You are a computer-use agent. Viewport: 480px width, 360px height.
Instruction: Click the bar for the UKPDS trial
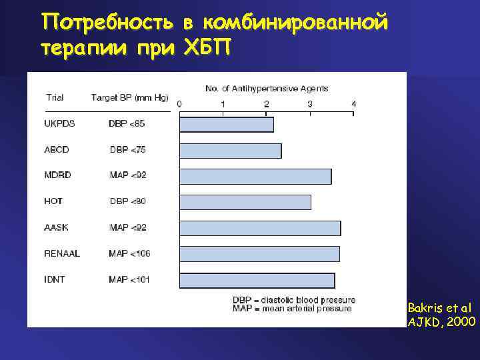pyautogui.click(x=227, y=125)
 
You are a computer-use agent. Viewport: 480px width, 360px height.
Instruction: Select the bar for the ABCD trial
pyautogui.click(x=231, y=151)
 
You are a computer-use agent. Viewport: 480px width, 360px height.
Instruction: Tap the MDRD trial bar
pyautogui.click(x=255, y=176)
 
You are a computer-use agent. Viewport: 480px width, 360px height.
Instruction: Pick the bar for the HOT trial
pyautogui.click(x=245, y=202)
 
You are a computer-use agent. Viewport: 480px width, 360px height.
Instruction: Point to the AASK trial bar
pyautogui.click(x=260, y=228)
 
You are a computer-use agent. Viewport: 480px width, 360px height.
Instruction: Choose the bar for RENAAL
pyautogui.click(x=259, y=254)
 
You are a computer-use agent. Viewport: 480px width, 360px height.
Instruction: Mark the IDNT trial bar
pyautogui.click(x=257, y=280)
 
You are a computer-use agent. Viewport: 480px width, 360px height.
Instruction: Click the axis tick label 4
pyautogui.click(x=354, y=104)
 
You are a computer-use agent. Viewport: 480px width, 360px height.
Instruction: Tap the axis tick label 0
pyautogui.click(x=179, y=104)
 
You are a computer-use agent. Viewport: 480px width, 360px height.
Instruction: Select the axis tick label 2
pyautogui.click(x=267, y=104)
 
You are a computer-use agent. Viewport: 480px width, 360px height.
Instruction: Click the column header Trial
pyautogui.click(x=55, y=97)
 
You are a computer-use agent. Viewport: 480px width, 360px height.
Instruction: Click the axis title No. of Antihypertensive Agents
pyautogui.click(x=267, y=89)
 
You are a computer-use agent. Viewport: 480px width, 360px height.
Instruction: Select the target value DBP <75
pyautogui.click(x=128, y=149)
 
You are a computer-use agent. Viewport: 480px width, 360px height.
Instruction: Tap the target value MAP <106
pyautogui.click(x=129, y=253)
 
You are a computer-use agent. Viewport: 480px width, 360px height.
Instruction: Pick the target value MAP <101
pyautogui.click(x=129, y=279)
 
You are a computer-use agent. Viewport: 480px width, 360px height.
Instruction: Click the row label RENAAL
pyautogui.click(x=62, y=253)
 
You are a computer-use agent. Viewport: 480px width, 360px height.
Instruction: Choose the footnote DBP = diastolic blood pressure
pyautogui.click(x=294, y=300)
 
